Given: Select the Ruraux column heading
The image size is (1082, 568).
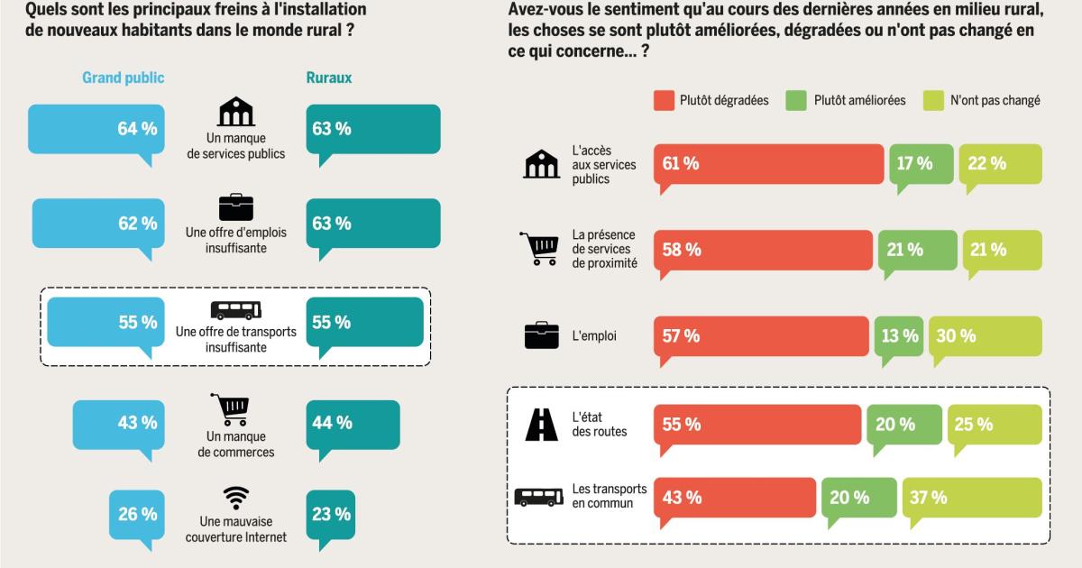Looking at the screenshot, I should (328, 78).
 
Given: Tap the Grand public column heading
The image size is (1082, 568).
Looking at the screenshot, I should (123, 78).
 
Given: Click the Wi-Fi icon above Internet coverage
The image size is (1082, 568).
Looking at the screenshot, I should (236, 498).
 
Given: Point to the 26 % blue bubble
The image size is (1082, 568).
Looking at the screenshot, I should (138, 515).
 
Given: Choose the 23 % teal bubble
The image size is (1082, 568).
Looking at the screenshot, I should (331, 515).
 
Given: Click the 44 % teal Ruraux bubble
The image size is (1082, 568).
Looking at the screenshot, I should (353, 422).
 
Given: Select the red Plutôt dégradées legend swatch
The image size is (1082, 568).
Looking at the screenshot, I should (664, 100).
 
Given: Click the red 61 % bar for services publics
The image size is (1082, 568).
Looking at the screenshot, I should (768, 163).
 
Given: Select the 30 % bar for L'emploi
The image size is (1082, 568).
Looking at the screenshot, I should (985, 335).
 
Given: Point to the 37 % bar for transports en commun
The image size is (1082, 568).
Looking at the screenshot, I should (972, 498).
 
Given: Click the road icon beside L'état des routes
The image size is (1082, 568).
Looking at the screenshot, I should (541, 425).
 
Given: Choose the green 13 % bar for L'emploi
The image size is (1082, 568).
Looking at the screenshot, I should (898, 335).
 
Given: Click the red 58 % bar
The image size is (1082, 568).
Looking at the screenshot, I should (763, 250).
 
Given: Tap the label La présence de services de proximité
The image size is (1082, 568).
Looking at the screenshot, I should (604, 250).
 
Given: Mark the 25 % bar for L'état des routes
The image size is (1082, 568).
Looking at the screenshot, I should (995, 425).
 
